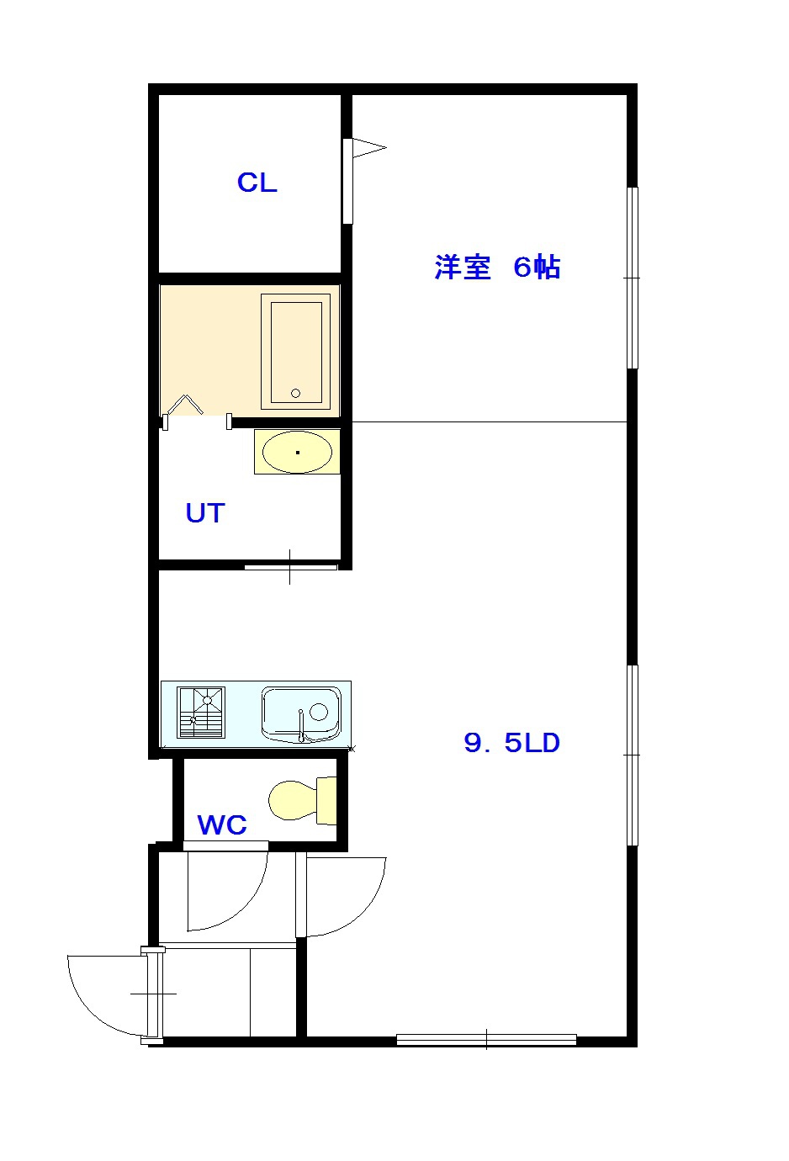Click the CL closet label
click(x=257, y=183)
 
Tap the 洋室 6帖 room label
click(x=497, y=268)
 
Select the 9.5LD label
click(x=511, y=743)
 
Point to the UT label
click(x=205, y=512)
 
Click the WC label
click(x=222, y=825)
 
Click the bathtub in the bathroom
click(x=296, y=352)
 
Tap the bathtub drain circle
click(x=296, y=394)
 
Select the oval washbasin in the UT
click(x=298, y=452)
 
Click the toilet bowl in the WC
click(x=293, y=801)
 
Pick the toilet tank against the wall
click(x=326, y=801)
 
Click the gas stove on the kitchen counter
click(x=201, y=712)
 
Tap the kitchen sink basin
click(x=301, y=714)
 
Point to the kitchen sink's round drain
click(x=319, y=712)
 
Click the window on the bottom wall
click(x=486, y=1039)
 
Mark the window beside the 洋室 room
click(x=632, y=278)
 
